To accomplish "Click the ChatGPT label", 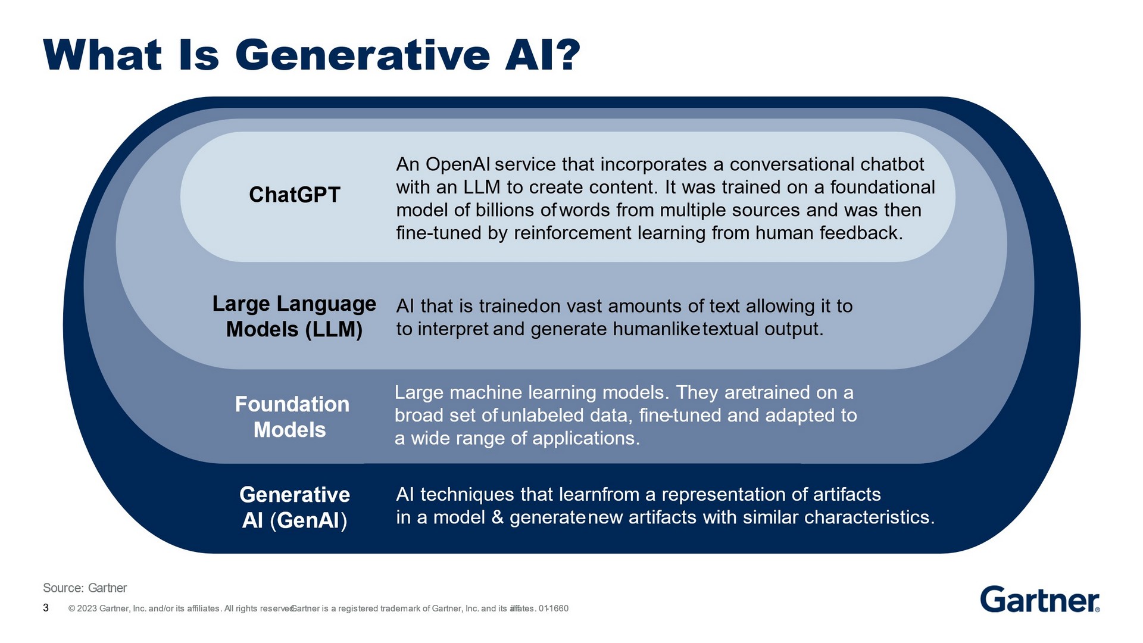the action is tap(295, 195).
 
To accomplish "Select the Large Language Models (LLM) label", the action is tap(294, 316).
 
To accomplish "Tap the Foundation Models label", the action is tap(292, 417).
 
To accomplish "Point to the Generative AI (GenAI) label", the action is tap(295, 507).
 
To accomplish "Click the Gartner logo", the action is tap(1040, 599).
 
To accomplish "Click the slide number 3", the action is tap(46, 608).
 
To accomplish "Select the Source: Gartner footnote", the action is tap(85, 588).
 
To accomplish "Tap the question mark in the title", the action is tap(569, 55).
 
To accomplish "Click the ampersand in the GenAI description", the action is tap(498, 517).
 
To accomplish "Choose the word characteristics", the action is tap(869, 517).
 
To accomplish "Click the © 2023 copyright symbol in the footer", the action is tap(71, 608).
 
